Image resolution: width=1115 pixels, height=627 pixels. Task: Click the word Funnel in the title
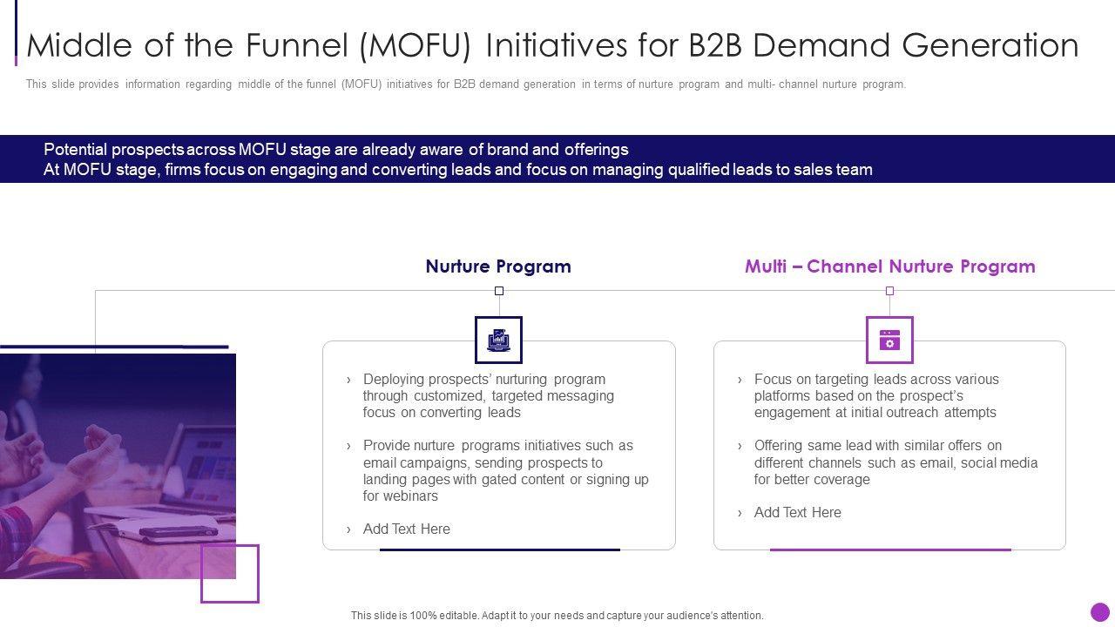[295, 45]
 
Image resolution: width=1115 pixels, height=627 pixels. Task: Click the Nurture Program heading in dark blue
[498, 266]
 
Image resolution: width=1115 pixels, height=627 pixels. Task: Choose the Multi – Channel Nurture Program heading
[889, 266]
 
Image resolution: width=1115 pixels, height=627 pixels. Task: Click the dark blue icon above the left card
[498, 340]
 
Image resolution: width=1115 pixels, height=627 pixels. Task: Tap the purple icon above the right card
[889, 340]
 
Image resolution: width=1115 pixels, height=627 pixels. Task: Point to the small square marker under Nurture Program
[499, 291]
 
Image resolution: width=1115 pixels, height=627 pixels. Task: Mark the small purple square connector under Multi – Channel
[889, 291]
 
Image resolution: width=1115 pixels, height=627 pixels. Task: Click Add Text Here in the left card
[406, 529]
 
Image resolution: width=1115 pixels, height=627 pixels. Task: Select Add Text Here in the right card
[797, 512]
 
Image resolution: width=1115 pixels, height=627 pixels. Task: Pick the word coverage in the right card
[842, 479]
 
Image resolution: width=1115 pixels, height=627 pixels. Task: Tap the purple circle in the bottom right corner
[1100, 612]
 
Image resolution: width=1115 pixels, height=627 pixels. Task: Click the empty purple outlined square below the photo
[230, 574]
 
